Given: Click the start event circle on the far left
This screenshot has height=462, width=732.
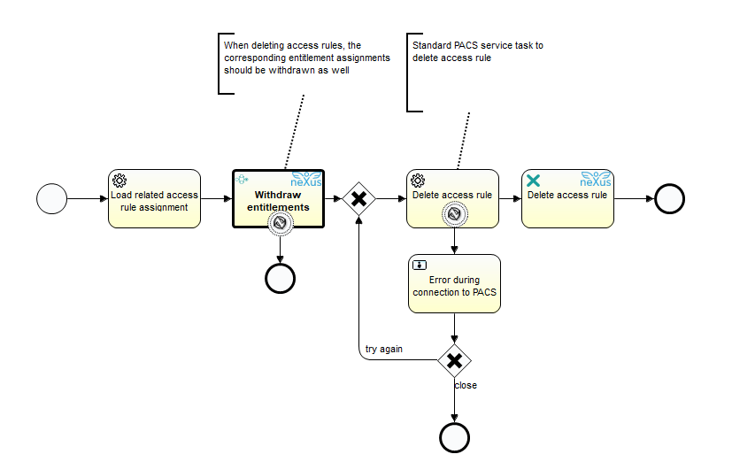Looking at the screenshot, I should (x=51, y=198).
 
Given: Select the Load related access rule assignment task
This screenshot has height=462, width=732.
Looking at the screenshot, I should (x=155, y=198).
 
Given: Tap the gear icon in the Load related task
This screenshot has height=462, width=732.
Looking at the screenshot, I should (x=119, y=180).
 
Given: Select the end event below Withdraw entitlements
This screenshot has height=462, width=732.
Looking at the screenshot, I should (x=280, y=277).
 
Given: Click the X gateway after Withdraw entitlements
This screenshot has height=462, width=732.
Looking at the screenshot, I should (x=358, y=199).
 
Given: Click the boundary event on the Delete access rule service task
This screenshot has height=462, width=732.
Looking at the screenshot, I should (x=454, y=213).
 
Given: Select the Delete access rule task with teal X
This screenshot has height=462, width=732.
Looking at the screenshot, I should (x=567, y=198).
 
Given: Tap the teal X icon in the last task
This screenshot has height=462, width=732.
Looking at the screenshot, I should (x=534, y=180).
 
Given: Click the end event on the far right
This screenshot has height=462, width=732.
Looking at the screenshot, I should (x=670, y=198).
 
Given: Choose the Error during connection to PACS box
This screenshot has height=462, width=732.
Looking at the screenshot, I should (x=454, y=284).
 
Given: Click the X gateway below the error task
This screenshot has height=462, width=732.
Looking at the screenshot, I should (x=454, y=360).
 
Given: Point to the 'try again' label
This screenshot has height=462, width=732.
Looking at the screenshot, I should (x=384, y=350).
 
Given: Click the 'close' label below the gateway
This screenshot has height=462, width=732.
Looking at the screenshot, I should (x=466, y=385).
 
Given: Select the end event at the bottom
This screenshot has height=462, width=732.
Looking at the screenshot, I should (x=454, y=436).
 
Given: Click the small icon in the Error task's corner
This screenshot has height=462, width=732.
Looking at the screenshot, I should (x=420, y=265).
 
